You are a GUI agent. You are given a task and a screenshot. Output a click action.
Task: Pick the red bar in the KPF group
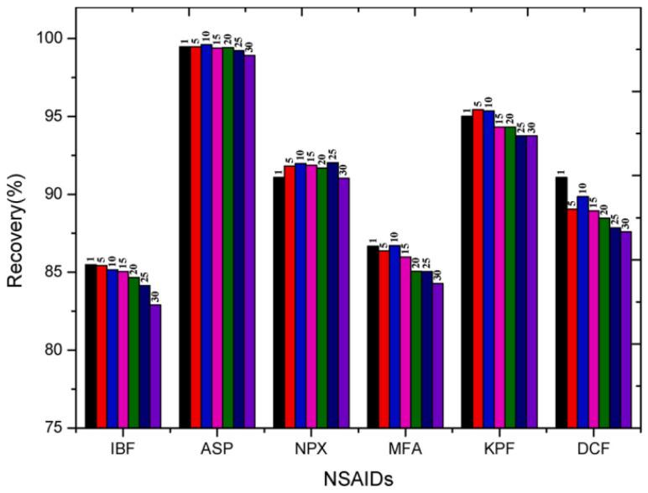point(478,268)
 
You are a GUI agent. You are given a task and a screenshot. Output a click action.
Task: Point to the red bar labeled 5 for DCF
point(572,319)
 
